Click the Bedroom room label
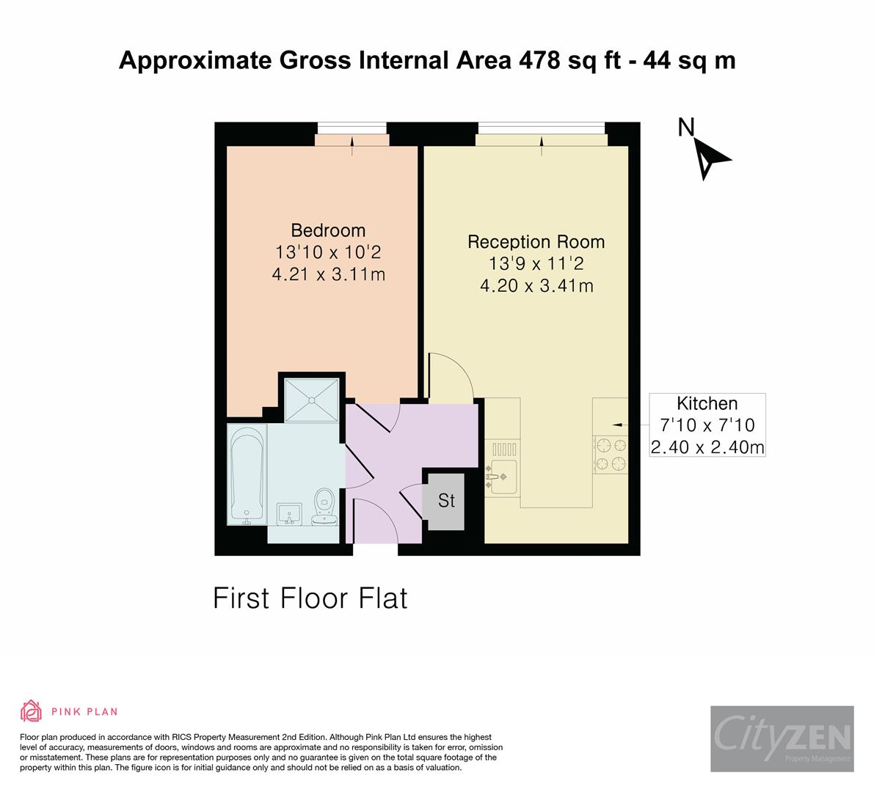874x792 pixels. coord(328,230)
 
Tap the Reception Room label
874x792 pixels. coord(536,241)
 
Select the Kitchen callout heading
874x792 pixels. coord(707,403)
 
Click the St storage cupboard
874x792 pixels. coord(446,501)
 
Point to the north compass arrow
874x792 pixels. coord(710,158)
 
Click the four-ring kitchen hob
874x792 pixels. coord(611,453)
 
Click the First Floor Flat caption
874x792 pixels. coord(310,598)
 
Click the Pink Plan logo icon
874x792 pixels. coord(32,711)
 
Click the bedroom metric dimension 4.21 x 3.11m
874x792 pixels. coord(328,274)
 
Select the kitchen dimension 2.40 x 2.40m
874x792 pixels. coord(707,446)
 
